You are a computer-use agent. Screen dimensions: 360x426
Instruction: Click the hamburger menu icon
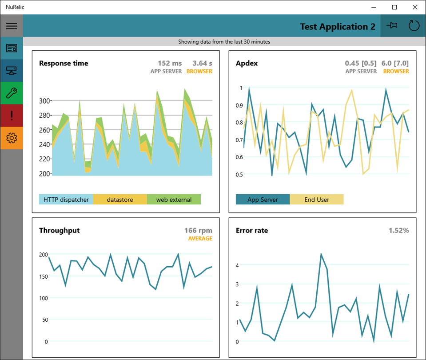12,26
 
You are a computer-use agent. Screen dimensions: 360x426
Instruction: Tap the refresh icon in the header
414,26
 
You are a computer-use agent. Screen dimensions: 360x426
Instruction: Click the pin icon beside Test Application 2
392,26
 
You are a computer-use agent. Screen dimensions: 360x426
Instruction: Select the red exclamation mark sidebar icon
12,116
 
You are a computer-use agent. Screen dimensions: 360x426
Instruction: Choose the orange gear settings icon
12,138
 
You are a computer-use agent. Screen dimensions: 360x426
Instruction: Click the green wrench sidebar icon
12,93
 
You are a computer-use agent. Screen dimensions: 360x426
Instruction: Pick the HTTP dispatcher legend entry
66,200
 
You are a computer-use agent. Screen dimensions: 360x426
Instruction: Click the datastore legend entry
120,200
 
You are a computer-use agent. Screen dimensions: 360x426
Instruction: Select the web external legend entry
174,200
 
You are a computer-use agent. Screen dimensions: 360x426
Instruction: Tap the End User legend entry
317,200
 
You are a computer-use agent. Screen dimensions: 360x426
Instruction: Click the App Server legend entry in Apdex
263,200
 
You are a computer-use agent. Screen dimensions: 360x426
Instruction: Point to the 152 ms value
170,64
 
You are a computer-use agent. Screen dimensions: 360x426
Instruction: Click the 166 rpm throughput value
198,231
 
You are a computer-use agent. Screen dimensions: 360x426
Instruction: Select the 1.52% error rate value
398,231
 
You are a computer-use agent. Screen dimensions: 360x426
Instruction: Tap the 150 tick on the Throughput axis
43,276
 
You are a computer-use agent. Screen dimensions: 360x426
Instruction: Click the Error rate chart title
252,231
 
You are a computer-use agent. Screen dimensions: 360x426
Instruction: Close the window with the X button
415,7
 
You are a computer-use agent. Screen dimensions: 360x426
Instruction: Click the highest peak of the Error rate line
321,254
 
